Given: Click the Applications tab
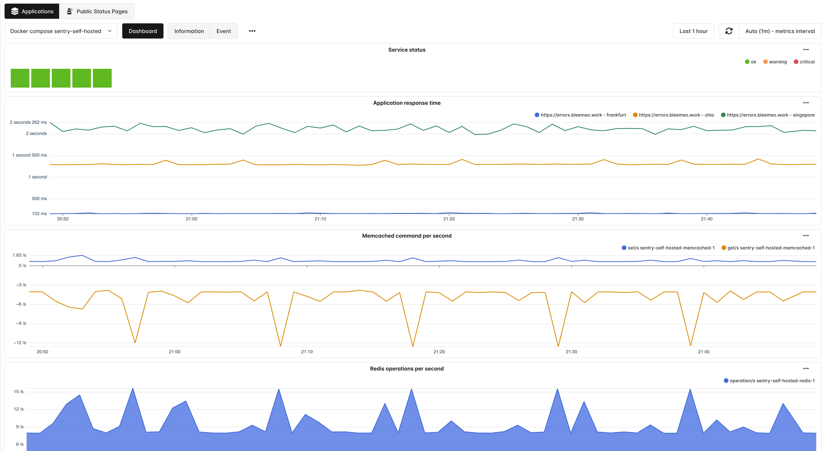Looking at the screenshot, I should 32,11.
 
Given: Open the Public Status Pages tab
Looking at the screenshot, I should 97,11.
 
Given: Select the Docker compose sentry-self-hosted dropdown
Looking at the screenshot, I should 61,31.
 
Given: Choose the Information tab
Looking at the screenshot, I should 189,31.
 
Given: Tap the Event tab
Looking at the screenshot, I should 224,31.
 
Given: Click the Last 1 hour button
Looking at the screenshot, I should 693,31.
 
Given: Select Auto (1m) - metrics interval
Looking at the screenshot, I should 780,31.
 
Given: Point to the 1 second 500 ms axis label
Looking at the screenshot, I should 29,155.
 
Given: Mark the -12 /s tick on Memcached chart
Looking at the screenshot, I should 20,343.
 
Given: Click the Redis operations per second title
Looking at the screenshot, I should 407,368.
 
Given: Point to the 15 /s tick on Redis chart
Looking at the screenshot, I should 19,392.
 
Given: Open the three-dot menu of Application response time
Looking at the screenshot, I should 806,103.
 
